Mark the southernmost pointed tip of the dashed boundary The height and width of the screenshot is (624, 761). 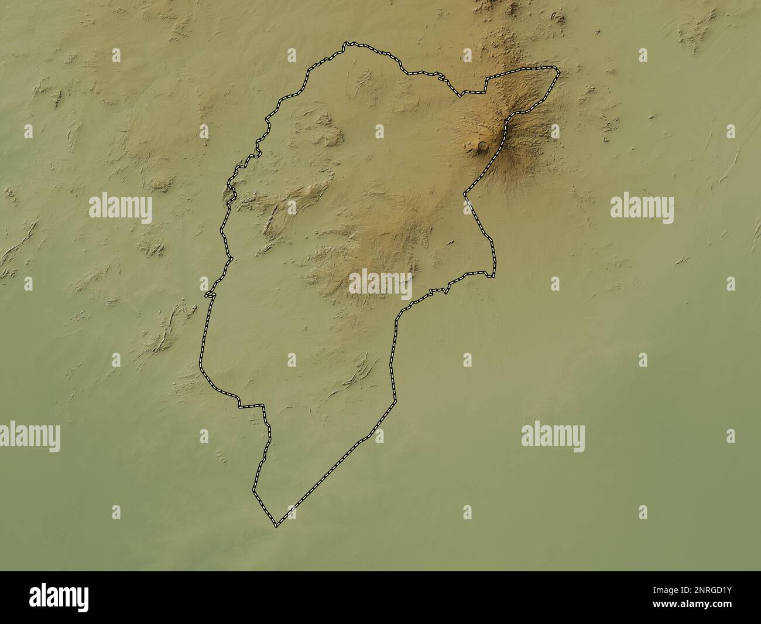tap(276, 525)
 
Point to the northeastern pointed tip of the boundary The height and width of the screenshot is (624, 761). tap(558, 72)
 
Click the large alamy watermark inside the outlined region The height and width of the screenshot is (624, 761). tap(380, 284)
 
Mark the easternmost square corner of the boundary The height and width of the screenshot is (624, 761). tap(493, 275)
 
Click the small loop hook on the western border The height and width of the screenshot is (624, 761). tap(208, 295)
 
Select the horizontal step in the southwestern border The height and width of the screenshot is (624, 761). tap(251, 405)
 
